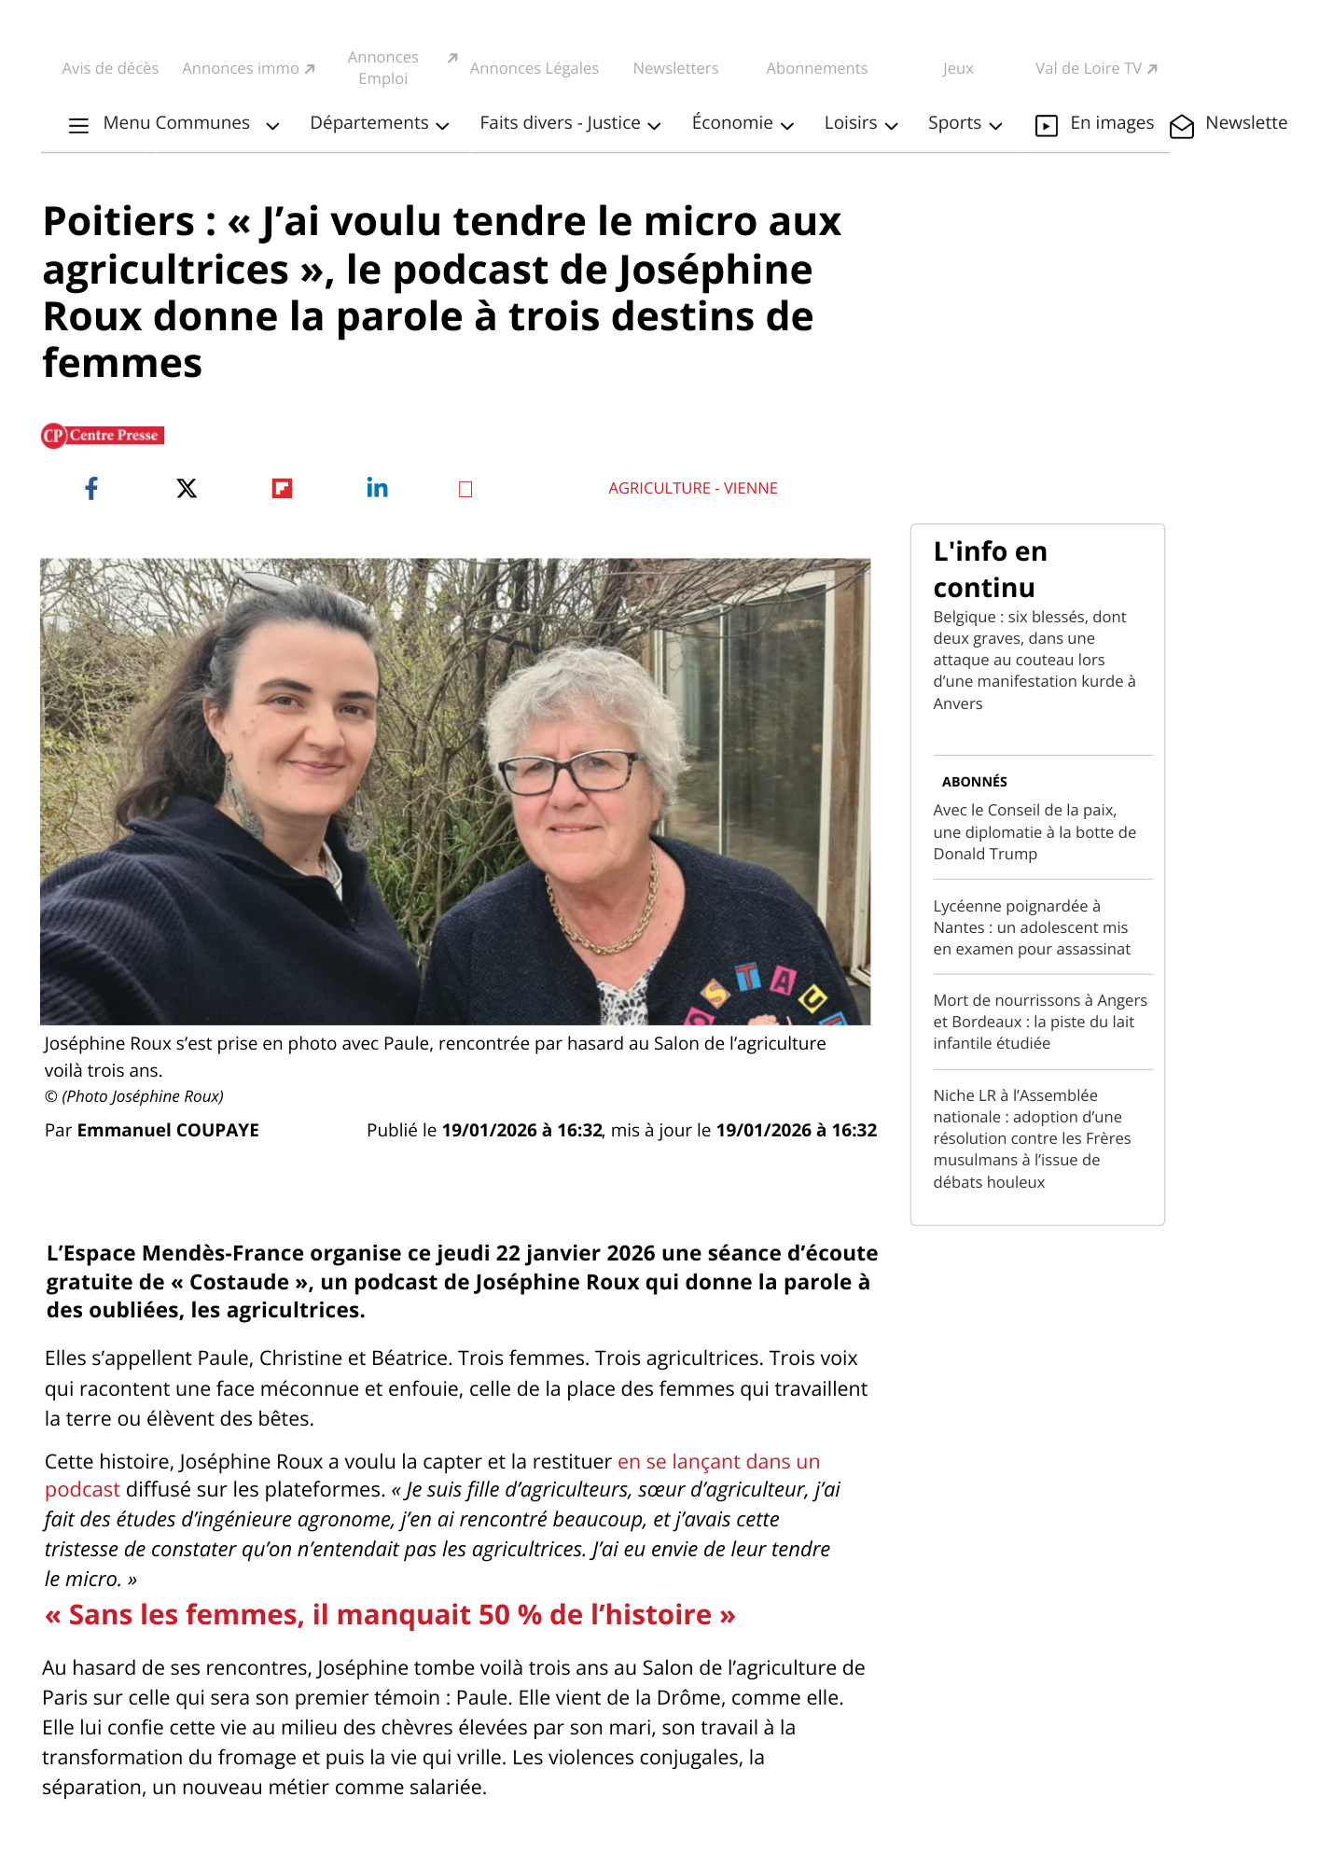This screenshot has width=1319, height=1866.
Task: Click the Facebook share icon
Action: pyautogui.click(x=91, y=488)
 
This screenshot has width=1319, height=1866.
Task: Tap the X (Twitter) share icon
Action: pyautogui.click(x=187, y=488)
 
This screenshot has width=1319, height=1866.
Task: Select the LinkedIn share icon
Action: pyautogui.click(x=377, y=488)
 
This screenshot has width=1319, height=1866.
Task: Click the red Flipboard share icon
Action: pyautogui.click(x=282, y=488)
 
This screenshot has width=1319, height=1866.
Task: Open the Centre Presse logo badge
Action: pyautogui.click(x=103, y=436)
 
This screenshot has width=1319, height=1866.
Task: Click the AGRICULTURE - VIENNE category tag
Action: pyautogui.click(x=692, y=488)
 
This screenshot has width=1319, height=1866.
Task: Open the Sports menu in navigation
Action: pyautogui.click(x=965, y=123)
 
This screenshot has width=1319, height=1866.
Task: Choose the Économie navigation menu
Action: pyautogui.click(x=742, y=123)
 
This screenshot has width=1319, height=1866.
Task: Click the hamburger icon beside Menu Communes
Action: pyautogui.click(x=79, y=125)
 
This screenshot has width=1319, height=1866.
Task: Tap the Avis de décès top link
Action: pyautogui.click(x=110, y=68)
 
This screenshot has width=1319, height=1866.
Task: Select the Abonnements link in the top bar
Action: pyautogui.click(x=816, y=68)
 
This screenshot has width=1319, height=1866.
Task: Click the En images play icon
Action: pyautogui.click(x=1047, y=125)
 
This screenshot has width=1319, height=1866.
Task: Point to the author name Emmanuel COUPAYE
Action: pyautogui.click(x=168, y=1130)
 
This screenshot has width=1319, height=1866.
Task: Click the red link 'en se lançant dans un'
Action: pyautogui.click(x=718, y=1461)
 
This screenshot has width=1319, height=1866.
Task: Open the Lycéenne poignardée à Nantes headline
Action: pyautogui.click(x=1031, y=927)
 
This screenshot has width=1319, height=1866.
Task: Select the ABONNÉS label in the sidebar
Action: pyautogui.click(x=974, y=782)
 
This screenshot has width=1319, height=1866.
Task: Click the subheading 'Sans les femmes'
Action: pyautogui.click(x=390, y=1615)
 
